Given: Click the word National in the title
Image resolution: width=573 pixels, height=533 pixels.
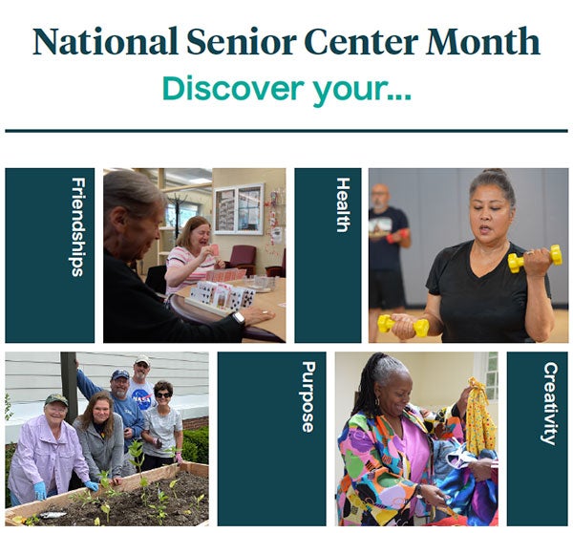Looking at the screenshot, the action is tap(105, 41).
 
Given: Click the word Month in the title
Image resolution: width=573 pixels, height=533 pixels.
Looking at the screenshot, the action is tap(483, 41).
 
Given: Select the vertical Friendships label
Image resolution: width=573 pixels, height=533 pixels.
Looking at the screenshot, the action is tap(78, 226).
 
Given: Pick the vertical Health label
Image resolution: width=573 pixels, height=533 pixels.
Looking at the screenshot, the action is tap(343, 204).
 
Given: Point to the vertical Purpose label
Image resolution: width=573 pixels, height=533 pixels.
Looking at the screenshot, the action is tap(308, 397).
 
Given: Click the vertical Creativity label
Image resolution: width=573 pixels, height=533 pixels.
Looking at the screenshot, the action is tap(549, 403).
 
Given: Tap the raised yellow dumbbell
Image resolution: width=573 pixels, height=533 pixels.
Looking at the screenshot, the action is tap(535, 258).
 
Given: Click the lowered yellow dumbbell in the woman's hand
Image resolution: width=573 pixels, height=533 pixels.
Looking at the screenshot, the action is tap(402, 324).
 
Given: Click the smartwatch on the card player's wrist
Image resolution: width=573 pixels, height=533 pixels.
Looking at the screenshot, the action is tap(239, 318).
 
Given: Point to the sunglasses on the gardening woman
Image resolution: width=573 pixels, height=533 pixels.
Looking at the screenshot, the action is tap(162, 394).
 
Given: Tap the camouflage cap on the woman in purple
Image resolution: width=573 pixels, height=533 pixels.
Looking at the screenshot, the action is tap(56, 399).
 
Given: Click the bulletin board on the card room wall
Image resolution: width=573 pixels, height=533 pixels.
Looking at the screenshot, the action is tap(238, 209).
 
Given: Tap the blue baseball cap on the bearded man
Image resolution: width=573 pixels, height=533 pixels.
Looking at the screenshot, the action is tap(120, 374).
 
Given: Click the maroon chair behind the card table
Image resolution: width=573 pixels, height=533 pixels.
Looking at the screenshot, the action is tap(243, 259).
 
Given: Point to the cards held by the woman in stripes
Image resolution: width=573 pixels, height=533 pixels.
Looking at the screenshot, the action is tap(214, 250).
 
